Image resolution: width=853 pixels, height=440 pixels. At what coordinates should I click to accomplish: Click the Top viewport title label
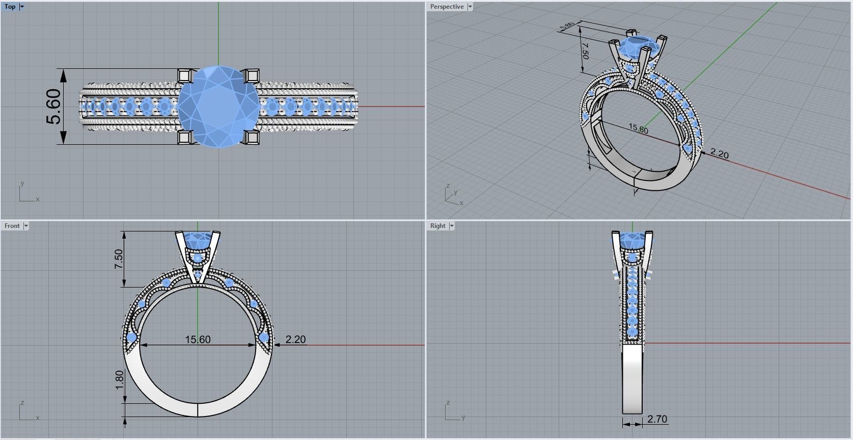tap(10, 7)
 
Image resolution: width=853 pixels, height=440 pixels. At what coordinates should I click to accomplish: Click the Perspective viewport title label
tap(447, 7)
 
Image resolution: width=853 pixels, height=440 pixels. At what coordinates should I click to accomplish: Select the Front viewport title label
tap(12, 226)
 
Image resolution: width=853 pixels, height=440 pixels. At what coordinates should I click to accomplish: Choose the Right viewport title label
tap(437, 226)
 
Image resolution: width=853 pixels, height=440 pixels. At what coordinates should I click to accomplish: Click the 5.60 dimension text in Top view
tap(54, 107)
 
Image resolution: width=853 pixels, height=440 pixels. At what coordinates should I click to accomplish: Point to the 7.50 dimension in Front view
tap(119, 259)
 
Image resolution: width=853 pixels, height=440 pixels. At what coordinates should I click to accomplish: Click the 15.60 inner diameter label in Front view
tap(198, 340)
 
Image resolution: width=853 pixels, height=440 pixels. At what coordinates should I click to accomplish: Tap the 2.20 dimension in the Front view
tap(295, 340)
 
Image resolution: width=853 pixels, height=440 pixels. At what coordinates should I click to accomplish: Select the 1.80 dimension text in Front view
tap(119, 380)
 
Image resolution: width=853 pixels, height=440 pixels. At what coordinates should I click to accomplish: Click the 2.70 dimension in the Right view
tap(657, 419)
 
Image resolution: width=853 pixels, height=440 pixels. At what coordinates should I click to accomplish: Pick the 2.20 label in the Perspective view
tap(719, 153)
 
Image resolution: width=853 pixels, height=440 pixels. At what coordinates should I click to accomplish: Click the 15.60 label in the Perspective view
tap(638, 129)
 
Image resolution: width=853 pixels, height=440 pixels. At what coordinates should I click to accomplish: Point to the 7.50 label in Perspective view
tap(585, 51)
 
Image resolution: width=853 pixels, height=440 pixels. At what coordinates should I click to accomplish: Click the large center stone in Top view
tap(218, 107)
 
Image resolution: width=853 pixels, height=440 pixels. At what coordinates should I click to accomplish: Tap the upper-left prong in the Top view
tap(185, 75)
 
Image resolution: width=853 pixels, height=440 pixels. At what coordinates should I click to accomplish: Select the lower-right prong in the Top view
tap(251, 137)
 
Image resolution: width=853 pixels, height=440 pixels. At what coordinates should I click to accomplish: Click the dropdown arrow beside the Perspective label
tap(470, 7)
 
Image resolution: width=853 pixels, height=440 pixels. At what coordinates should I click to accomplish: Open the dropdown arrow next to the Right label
tap(452, 226)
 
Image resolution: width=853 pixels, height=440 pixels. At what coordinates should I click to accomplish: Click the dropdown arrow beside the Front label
tap(26, 226)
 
